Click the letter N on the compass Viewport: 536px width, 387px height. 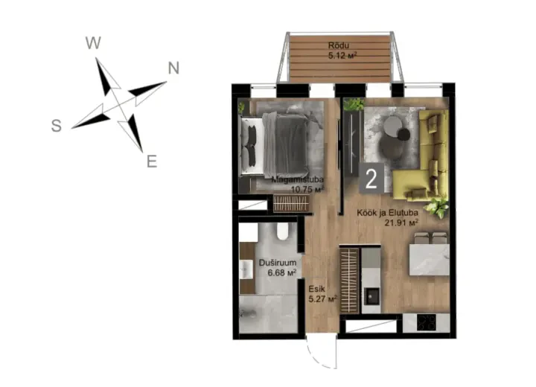click(173, 68)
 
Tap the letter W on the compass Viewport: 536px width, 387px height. click(93, 43)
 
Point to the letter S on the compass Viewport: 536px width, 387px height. click(57, 126)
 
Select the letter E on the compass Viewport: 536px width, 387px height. click(152, 161)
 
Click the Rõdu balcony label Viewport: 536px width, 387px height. click(339, 45)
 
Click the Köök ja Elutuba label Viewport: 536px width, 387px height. click(387, 213)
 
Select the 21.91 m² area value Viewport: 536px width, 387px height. click(401, 223)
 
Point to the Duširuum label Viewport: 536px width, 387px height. click(278, 263)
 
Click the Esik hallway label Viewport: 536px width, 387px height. click(316, 289)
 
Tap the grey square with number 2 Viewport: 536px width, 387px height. click(371, 179)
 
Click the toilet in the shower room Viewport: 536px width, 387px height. click(283, 231)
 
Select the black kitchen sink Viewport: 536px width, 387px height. click(371, 296)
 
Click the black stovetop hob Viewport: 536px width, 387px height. click(427, 322)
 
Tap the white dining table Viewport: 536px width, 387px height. click(430, 260)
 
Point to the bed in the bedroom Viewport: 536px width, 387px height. click(277, 146)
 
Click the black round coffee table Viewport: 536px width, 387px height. click(403, 134)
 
